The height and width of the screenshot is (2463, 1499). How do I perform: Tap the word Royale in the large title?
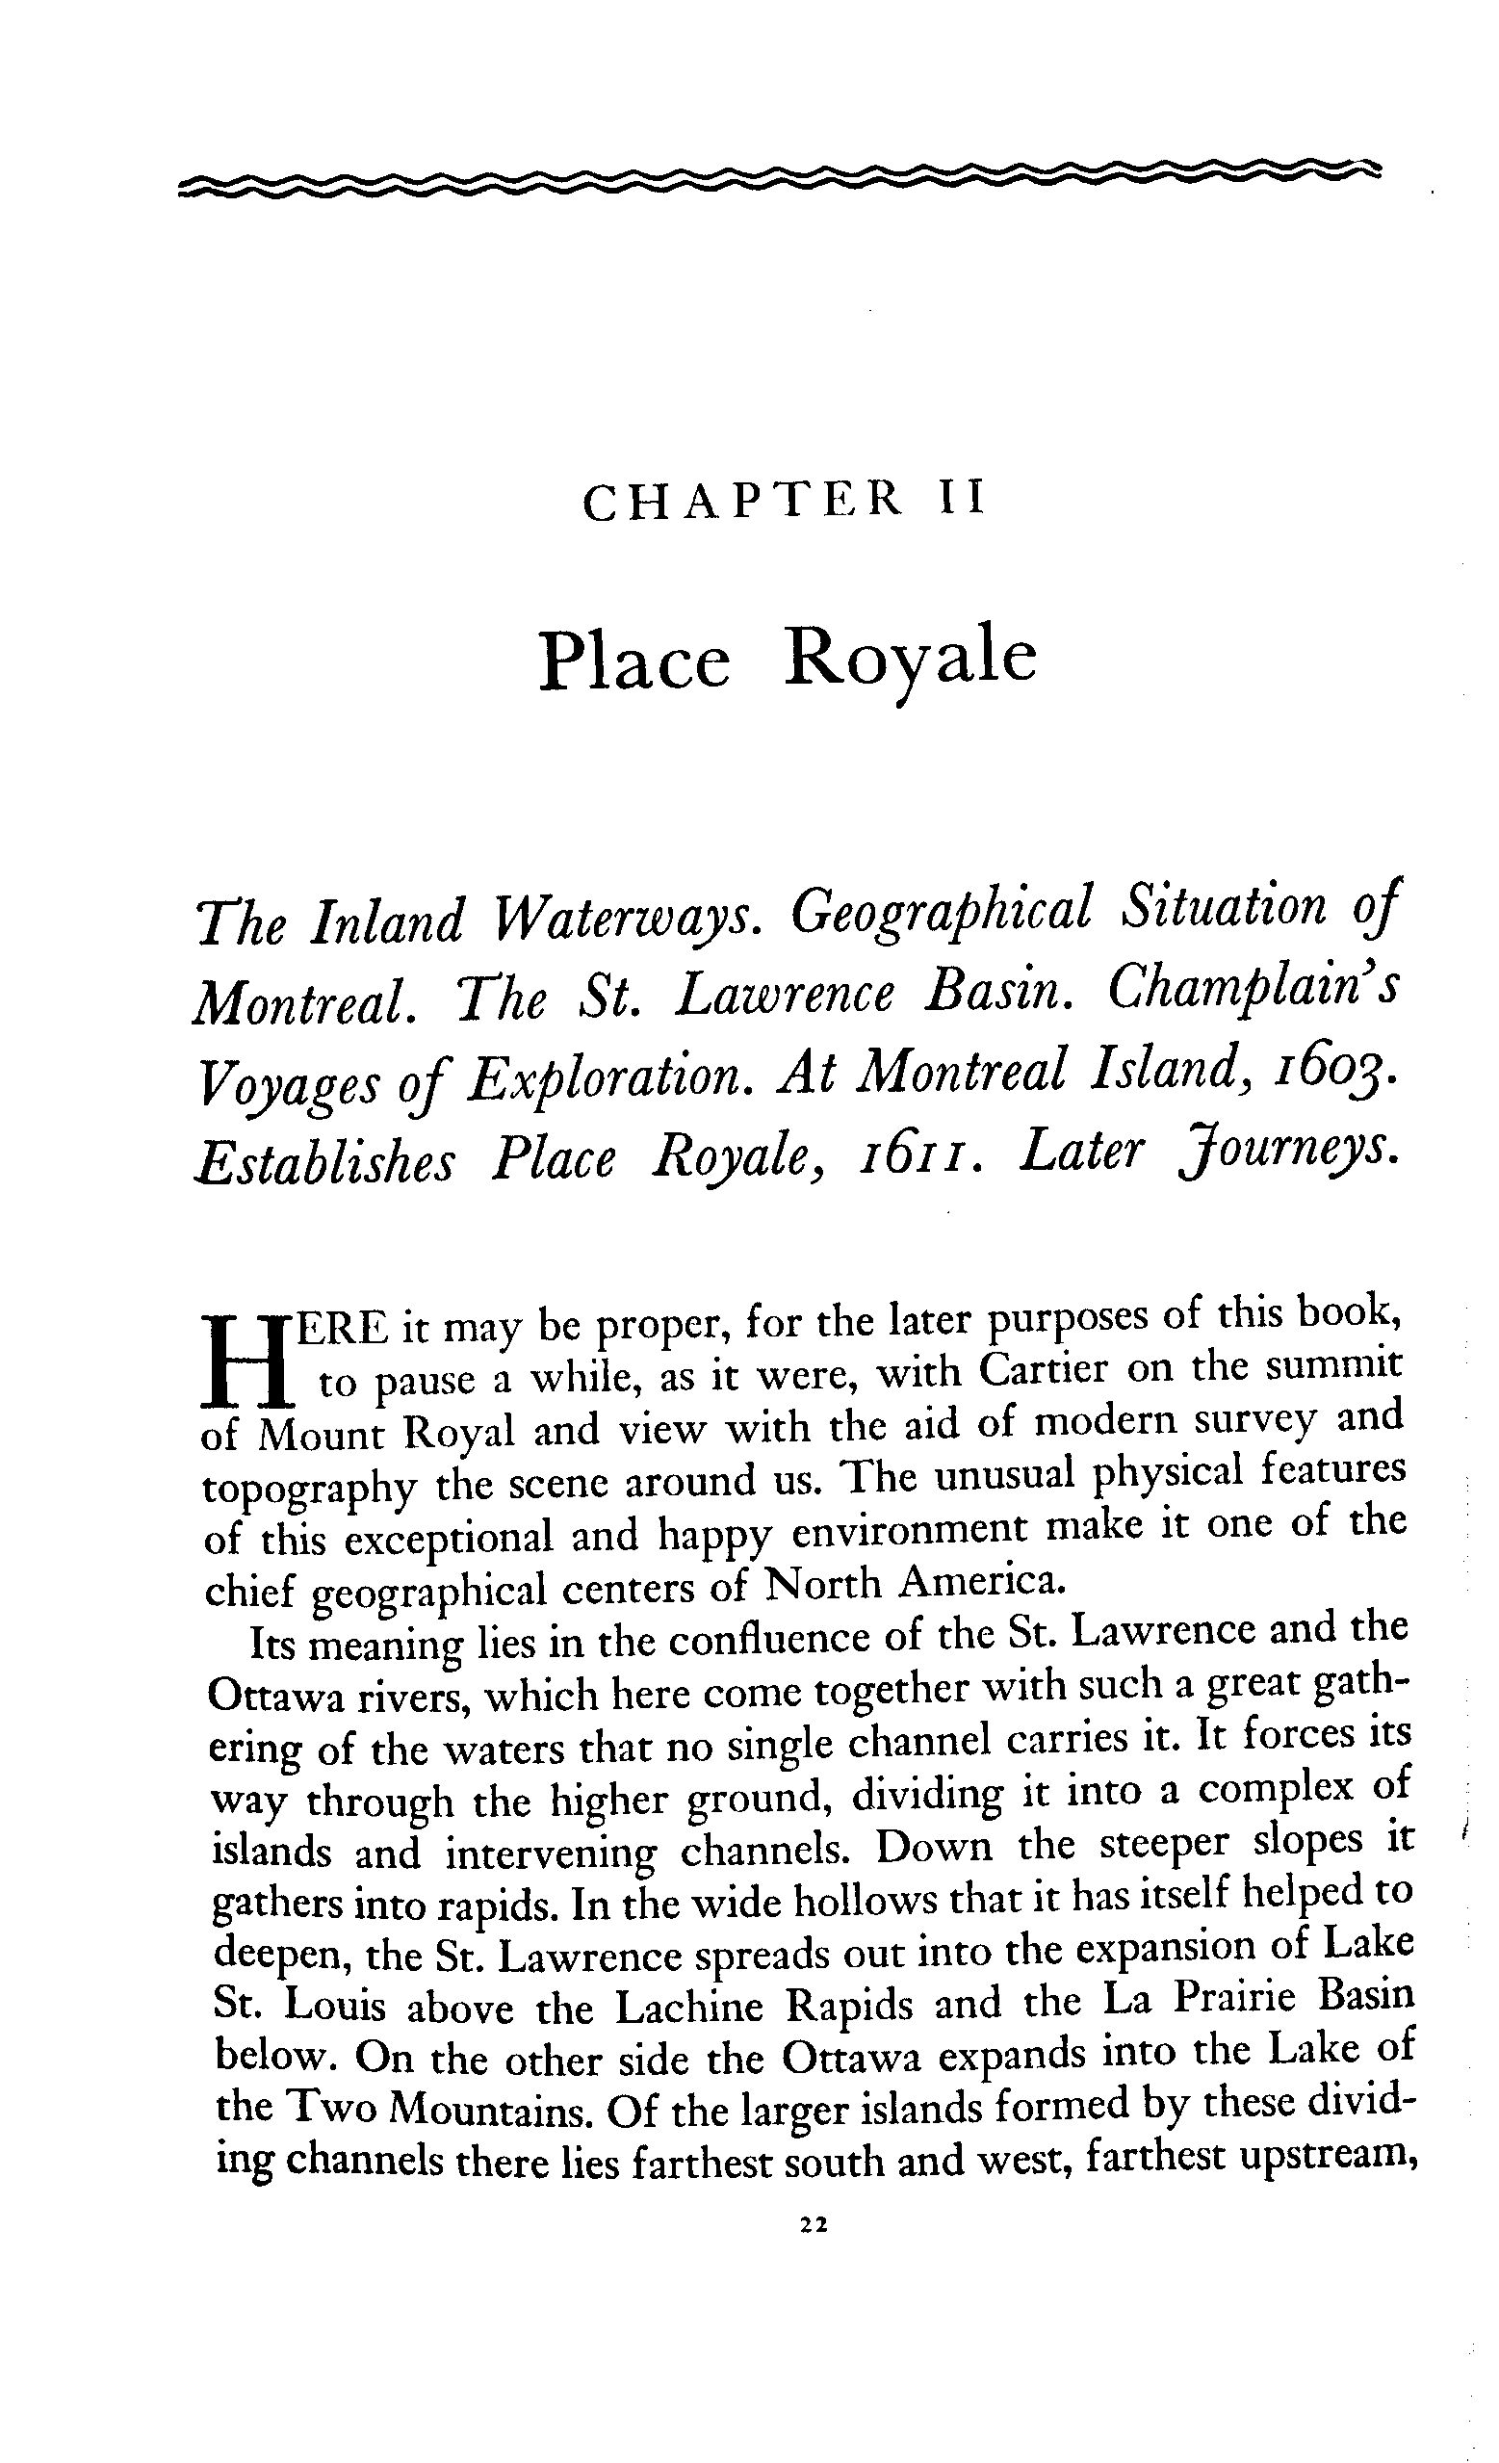tap(910, 661)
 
